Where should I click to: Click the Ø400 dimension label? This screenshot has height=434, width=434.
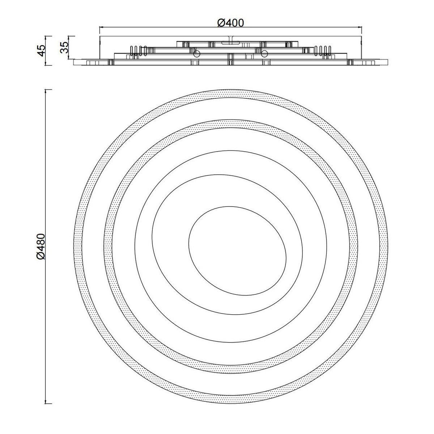tap(230, 23)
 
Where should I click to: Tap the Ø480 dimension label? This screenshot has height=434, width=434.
tap(41, 247)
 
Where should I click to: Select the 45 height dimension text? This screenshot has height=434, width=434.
tap(42, 50)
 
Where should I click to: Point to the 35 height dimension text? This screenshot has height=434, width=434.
tap(64, 47)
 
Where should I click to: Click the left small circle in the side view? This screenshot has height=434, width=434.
tap(197, 54)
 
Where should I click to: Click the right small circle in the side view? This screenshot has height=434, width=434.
tap(264, 54)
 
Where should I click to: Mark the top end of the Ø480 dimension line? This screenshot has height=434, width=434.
tap(46, 90)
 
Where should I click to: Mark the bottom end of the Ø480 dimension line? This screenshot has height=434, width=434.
tap(46, 404)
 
